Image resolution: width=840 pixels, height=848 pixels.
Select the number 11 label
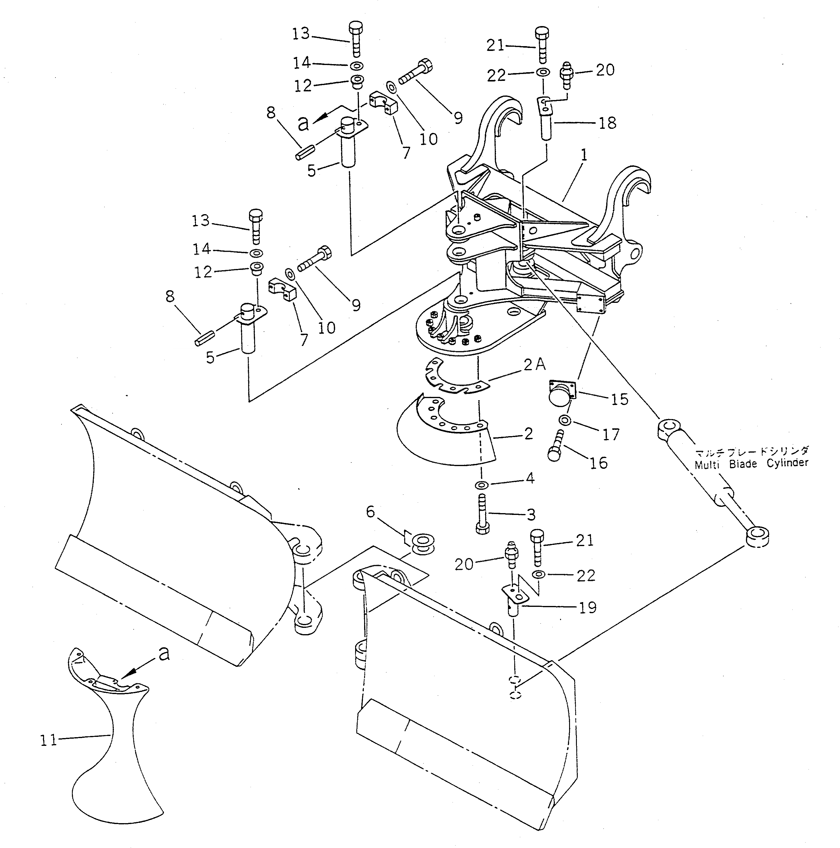pyautogui.click(x=48, y=740)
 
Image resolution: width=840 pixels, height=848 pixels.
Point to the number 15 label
pyautogui.click(x=619, y=399)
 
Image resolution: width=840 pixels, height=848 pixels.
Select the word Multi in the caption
pyautogui.click(x=707, y=464)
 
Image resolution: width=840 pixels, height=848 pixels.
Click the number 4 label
pyautogui.click(x=530, y=478)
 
